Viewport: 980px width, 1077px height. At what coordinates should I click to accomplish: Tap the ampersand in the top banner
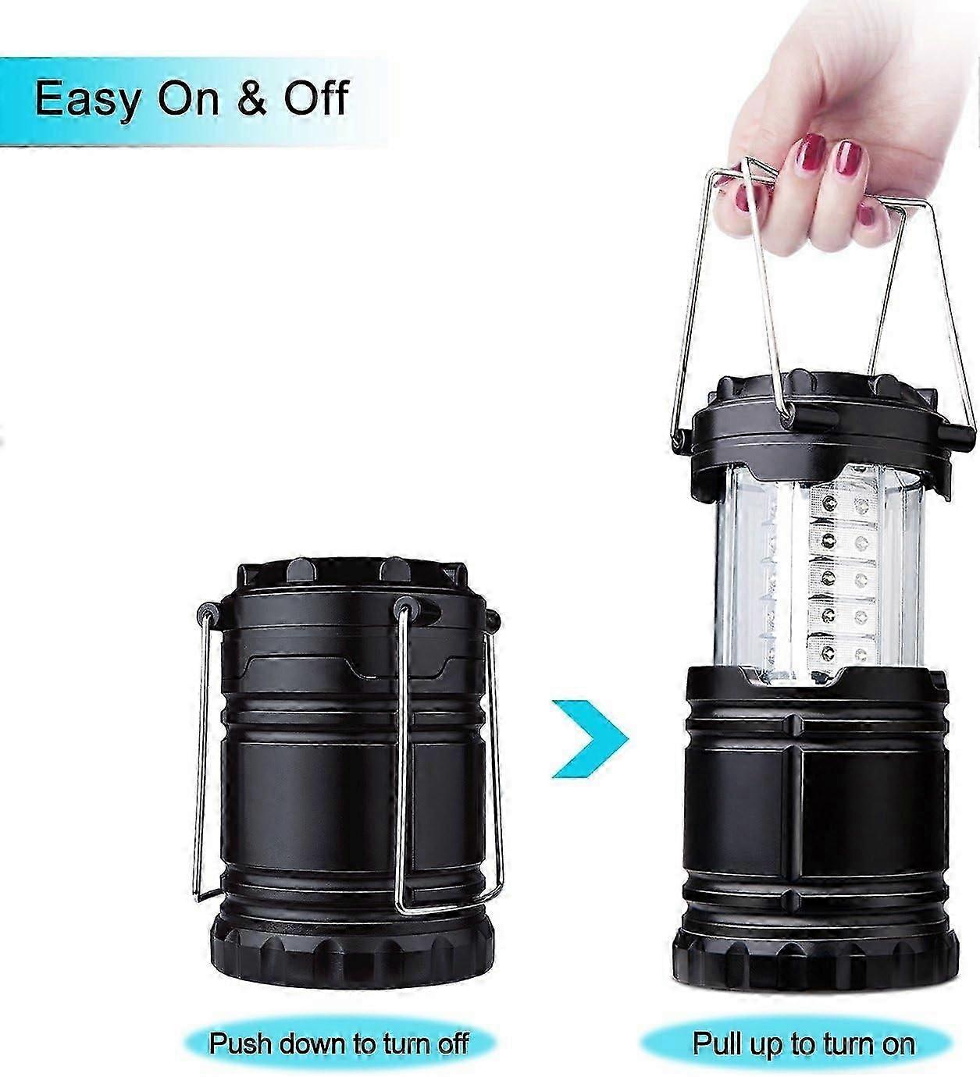click(x=251, y=98)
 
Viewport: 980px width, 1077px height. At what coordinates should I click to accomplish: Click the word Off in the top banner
click(x=317, y=97)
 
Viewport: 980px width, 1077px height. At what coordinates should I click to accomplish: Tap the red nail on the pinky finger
click(x=865, y=215)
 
